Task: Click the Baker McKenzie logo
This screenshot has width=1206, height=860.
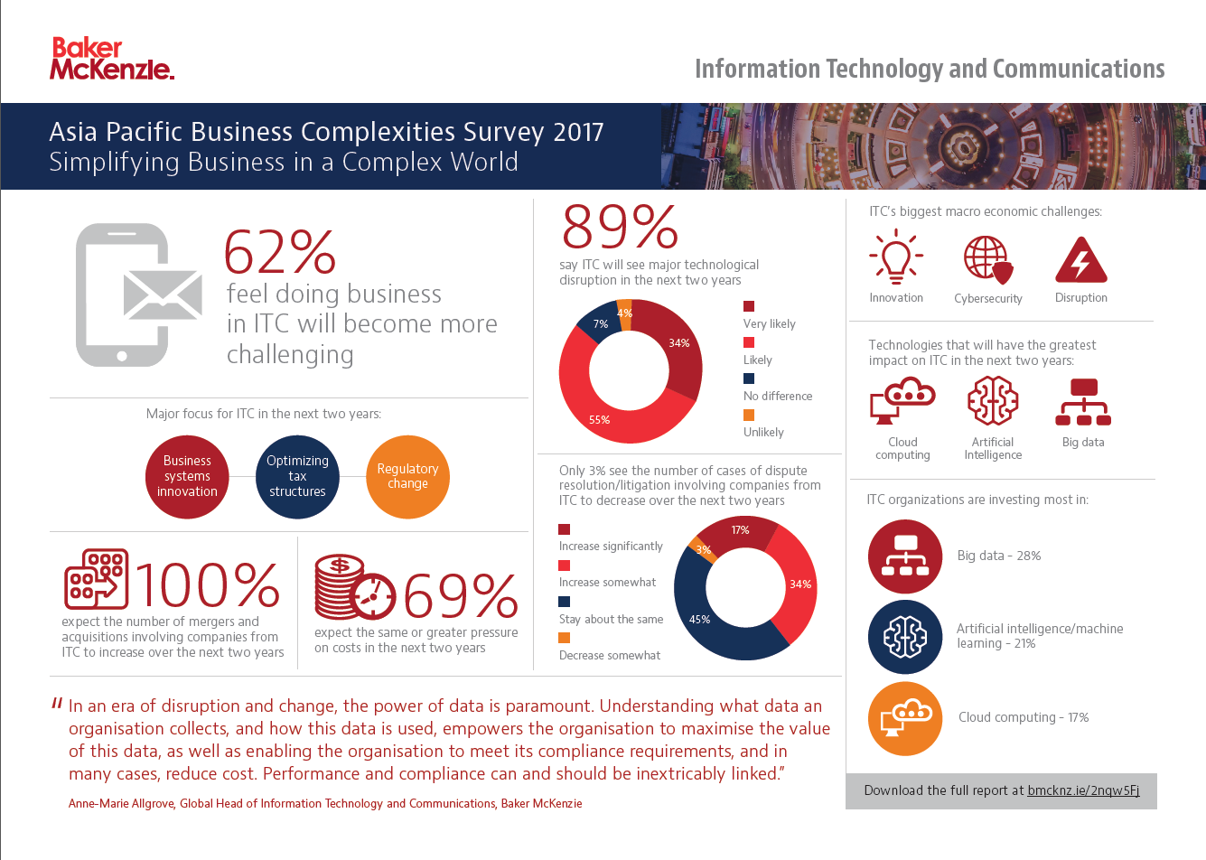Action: [111, 59]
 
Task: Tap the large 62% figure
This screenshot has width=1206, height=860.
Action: [280, 252]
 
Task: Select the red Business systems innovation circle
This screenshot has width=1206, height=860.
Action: [187, 477]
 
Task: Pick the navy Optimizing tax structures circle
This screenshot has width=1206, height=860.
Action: [297, 477]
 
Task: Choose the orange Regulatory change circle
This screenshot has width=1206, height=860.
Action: [407, 477]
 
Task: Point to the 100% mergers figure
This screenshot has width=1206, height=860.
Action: [208, 585]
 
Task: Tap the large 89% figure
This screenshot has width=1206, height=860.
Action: [620, 227]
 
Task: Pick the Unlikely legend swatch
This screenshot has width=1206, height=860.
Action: [749, 415]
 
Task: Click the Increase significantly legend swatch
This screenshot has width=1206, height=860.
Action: [565, 529]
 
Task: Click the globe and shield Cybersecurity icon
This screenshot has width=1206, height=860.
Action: [987, 259]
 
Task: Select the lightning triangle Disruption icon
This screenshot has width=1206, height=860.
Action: [1080, 260]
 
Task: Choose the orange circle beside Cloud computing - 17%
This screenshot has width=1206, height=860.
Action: [904, 718]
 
